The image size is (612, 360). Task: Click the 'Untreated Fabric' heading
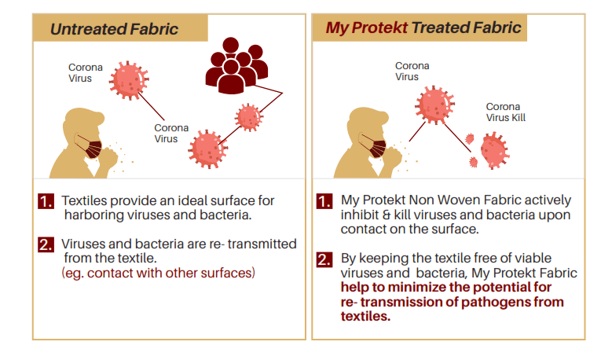tap(114, 29)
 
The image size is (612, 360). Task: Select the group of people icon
tap(236, 67)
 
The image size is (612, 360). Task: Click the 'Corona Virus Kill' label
tap(504, 112)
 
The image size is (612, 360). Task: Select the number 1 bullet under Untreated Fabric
tap(46, 201)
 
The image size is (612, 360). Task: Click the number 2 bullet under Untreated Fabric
tap(46, 244)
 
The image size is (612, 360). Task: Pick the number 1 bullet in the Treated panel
tap(324, 201)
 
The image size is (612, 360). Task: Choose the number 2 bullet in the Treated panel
tap(324, 259)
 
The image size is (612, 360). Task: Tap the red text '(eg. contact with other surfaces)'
tap(158, 273)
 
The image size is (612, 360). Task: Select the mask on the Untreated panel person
tap(93, 147)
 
